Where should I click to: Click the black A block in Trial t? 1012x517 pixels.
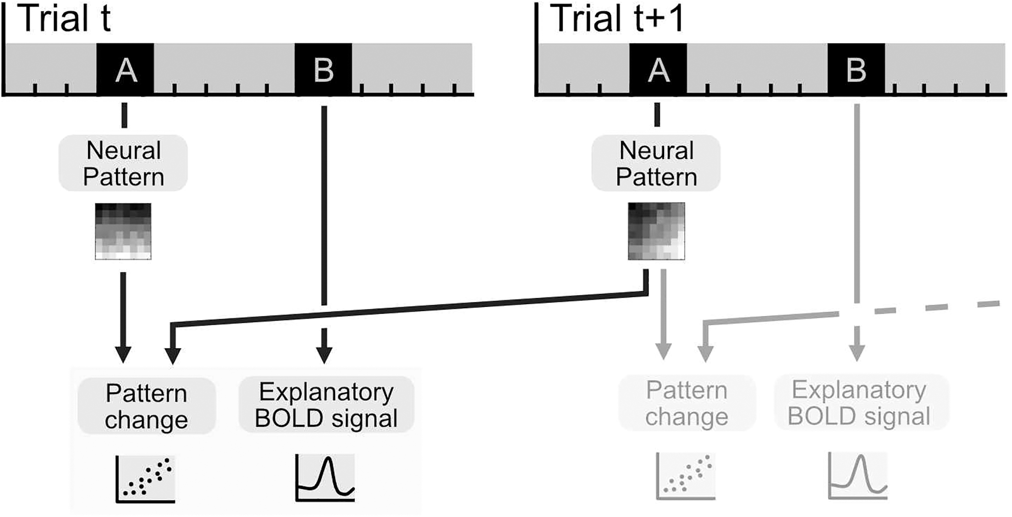(125, 69)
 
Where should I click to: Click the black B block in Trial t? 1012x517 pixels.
(323, 69)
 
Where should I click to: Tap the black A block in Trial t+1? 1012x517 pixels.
(658, 69)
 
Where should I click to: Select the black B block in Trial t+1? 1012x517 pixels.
(856, 69)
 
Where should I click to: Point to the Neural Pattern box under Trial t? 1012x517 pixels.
(123, 163)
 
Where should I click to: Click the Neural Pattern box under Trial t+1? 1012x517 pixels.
(656, 163)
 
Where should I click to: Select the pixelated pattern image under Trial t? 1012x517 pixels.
(123, 231)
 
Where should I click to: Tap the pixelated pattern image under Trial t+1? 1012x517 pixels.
(656, 231)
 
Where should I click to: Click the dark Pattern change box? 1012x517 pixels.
(146, 406)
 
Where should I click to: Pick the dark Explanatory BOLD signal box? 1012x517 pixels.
(326, 405)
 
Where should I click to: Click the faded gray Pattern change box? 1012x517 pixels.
(686, 403)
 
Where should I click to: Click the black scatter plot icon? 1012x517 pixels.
(145, 479)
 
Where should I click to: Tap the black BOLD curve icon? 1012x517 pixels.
(325, 478)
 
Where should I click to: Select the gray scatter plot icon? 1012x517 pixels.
(686, 476)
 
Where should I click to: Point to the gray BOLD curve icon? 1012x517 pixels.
(858, 475)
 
